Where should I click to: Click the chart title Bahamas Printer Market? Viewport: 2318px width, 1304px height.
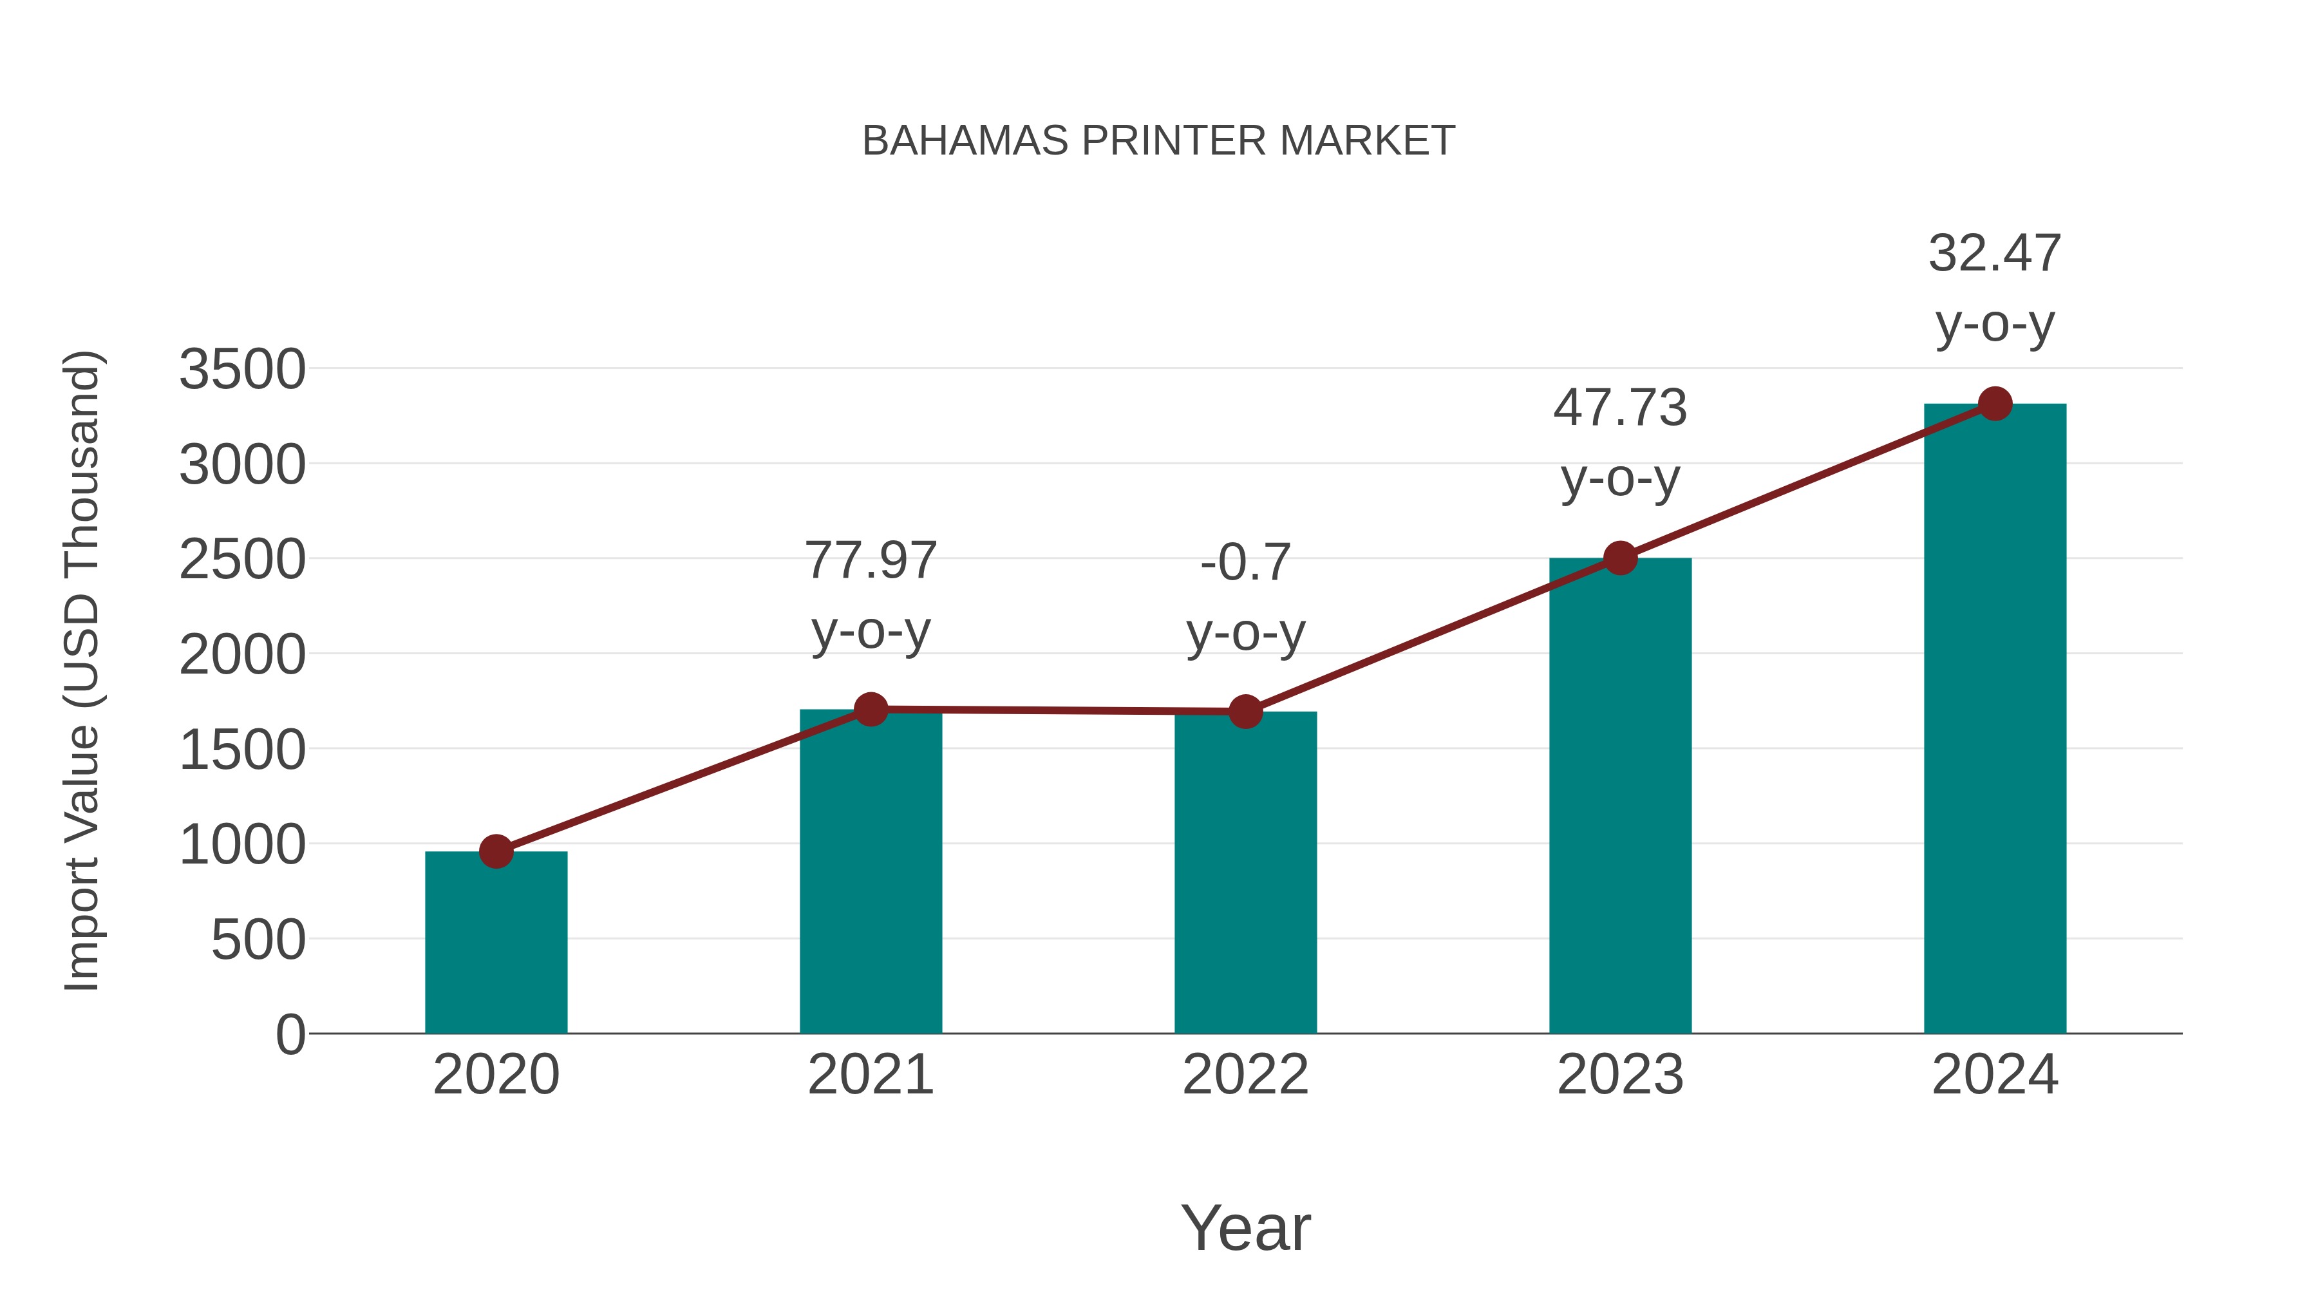click(x=1158, y=141)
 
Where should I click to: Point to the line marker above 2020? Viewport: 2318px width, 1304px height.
click(x=496, y=851)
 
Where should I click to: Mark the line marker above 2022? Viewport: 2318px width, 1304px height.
click(x=1245, y=712)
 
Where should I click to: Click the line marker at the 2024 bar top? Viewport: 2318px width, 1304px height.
click(x=1995, y=404)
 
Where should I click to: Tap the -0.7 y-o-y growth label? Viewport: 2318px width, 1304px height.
click(x=1245, y=596)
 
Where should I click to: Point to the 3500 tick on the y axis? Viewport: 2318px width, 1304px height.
click(x=242, y=369)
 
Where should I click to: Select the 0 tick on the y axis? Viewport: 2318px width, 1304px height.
click(x=290, y=1034)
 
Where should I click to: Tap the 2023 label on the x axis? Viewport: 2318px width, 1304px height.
click(x=1620, y=1075)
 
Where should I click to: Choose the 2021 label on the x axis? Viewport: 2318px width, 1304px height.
click(x=870, y=1075)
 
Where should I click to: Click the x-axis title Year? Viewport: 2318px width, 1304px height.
click(x=1245, y=1227)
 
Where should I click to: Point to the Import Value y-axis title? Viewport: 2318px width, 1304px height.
click(x=81, y=670)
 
